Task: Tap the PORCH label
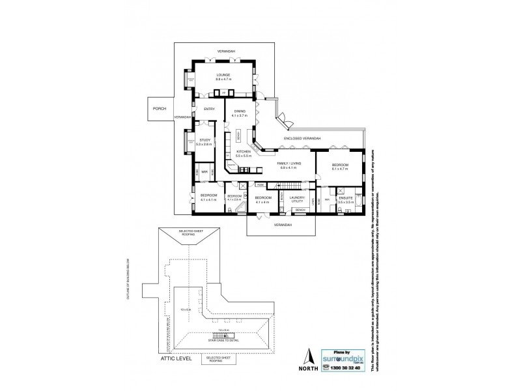click(x=159, y=109)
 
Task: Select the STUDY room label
click(x=204, y=140)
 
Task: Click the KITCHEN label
click(x=244, y=152)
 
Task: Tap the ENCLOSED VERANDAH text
click(x=303, y=138)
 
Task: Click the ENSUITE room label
click(x=346, y=197)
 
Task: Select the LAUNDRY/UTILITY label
click(x=298, y=199)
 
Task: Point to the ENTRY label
click(x=209, y=109)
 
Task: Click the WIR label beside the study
click(x=204, y=172)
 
